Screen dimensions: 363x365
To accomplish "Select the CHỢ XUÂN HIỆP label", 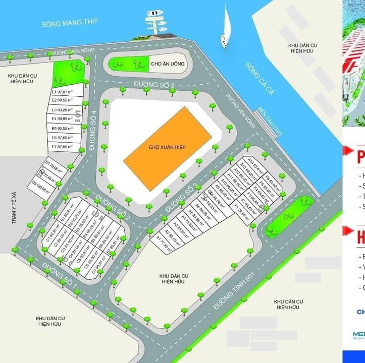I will [x=168, y=147].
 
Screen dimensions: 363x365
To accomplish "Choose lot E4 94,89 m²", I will [x=63, y=119].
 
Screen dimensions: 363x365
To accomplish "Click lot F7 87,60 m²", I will [x=63, y=146].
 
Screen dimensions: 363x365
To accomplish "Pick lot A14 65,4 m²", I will [x=258, y=161].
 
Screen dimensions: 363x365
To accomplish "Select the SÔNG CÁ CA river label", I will [x=258, y=81].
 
